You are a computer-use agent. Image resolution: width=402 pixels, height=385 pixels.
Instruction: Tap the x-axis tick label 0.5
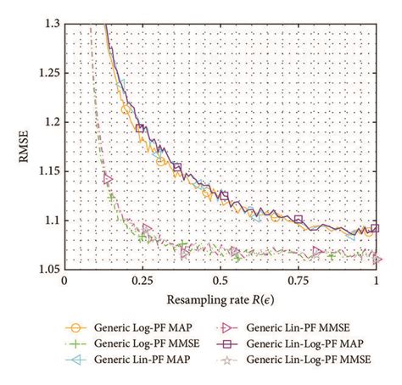(x=221, y=281)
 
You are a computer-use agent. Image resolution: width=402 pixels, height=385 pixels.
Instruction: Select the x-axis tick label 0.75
(x=298, y=281)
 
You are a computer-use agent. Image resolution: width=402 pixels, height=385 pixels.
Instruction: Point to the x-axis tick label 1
(x=377, y=281)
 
